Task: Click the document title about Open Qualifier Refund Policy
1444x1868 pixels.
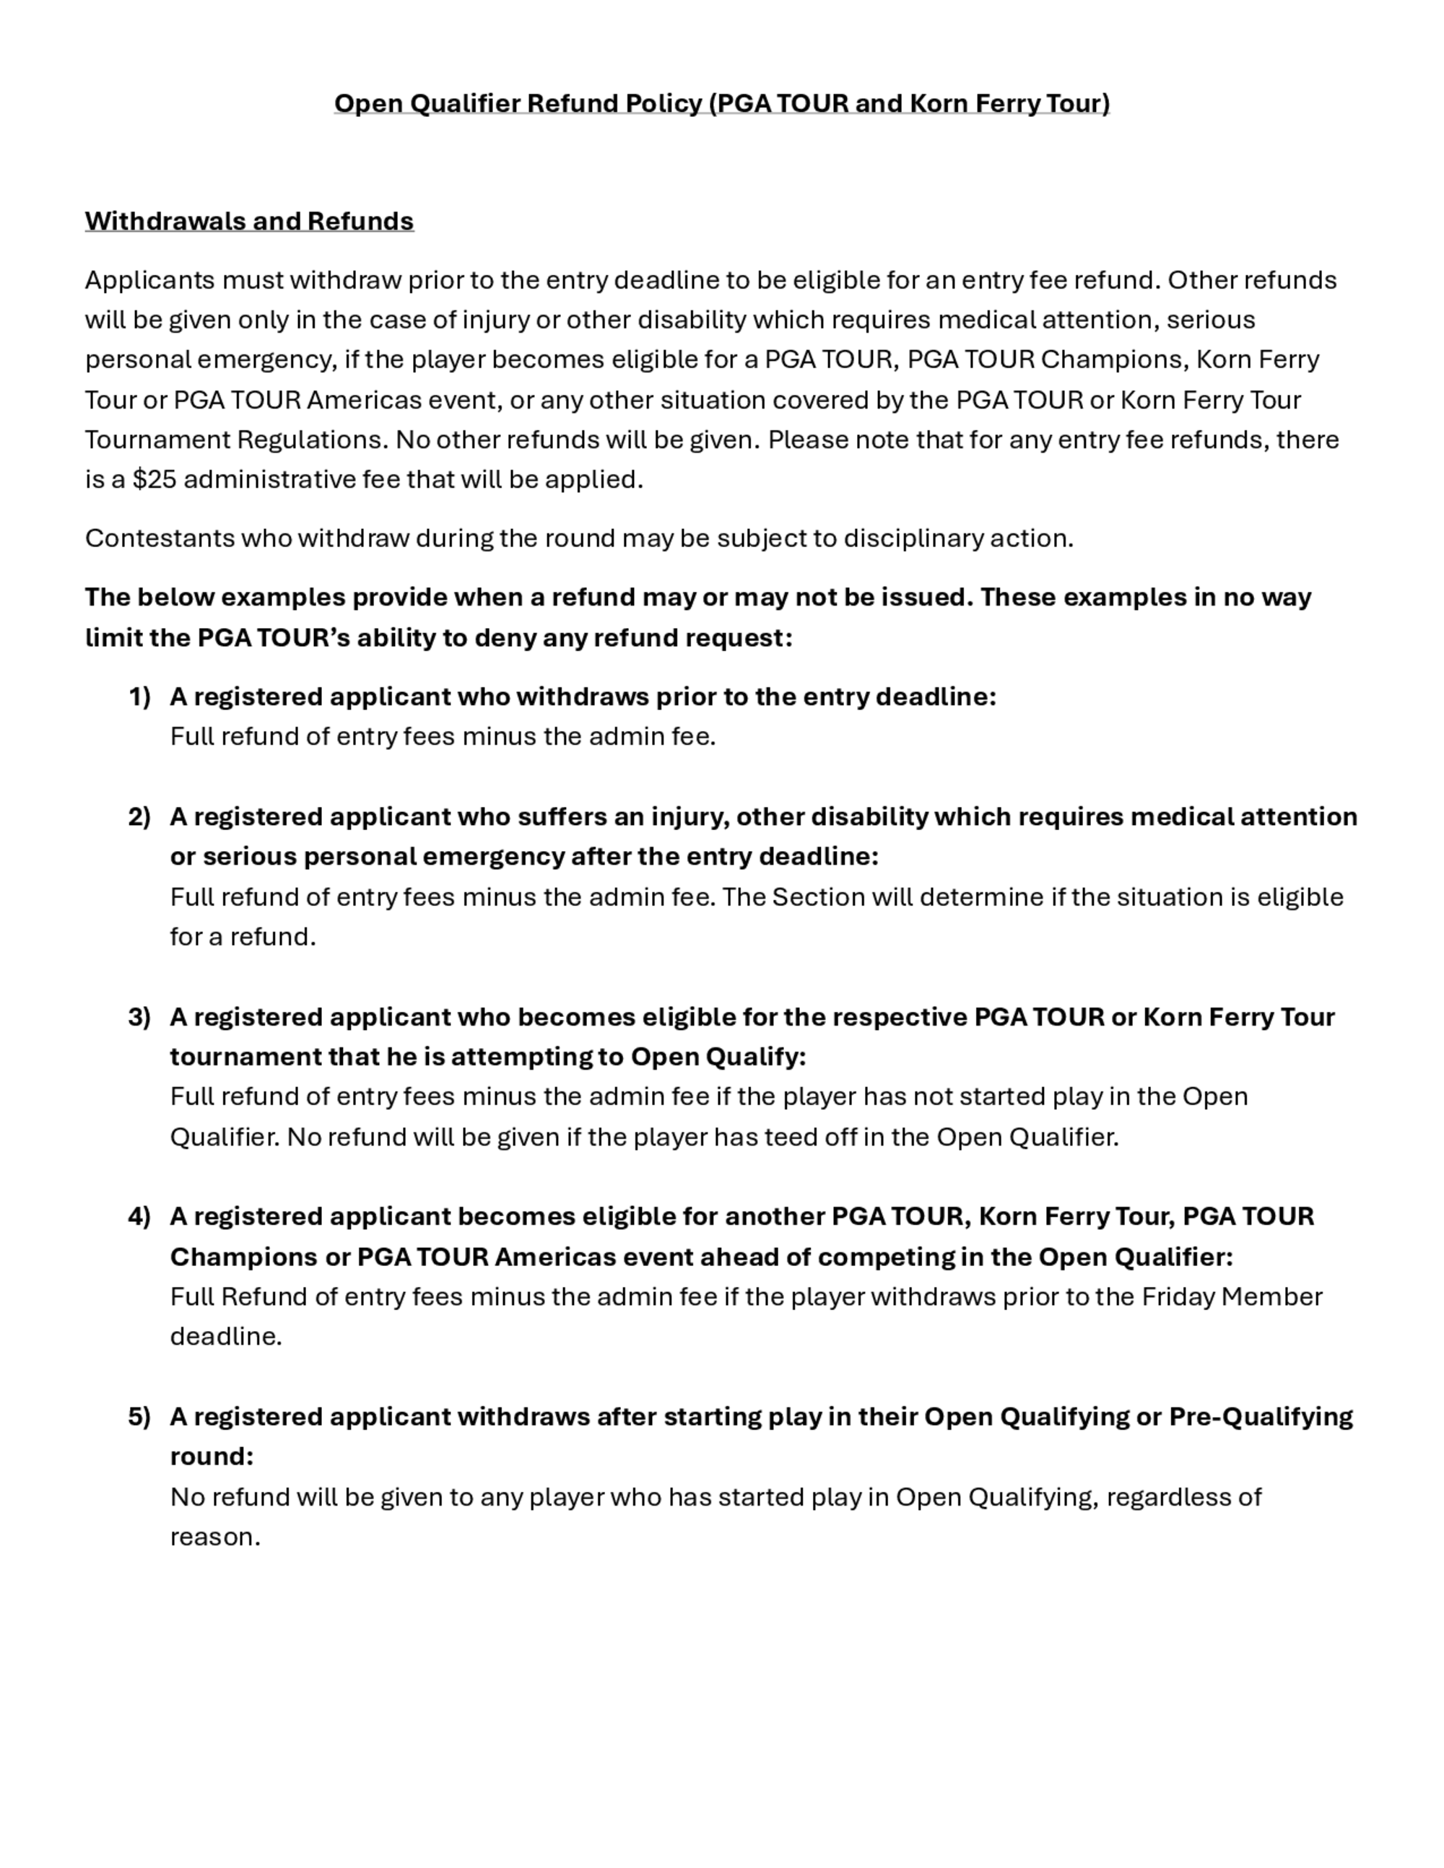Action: click(x=721, y=103)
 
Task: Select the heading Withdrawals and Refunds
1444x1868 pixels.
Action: click(x=249, y=221)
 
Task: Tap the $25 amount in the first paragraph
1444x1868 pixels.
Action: click(x=154, y=479)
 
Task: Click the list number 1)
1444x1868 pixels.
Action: click(x=139, y=697)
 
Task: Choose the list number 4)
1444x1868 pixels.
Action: click(x=139, y=1215)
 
